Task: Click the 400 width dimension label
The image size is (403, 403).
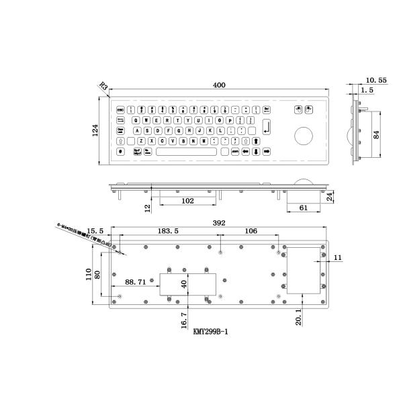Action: (x=218, y=85)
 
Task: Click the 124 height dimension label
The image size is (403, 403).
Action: (x=95, y=130)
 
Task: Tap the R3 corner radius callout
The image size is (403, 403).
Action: (x=103, y=87)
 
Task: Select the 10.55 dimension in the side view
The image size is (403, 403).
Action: (x=377, y=80)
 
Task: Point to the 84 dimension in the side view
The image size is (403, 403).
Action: (x=377, y=135)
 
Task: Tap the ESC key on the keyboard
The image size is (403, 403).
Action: (x=121, y=109)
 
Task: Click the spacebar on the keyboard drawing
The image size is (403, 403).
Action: (x=186, y=152)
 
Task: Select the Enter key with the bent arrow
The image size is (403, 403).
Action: (x=267, y=125)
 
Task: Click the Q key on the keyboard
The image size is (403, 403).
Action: (x=137, y=120)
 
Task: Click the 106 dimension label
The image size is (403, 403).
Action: (x=251, y=232)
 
